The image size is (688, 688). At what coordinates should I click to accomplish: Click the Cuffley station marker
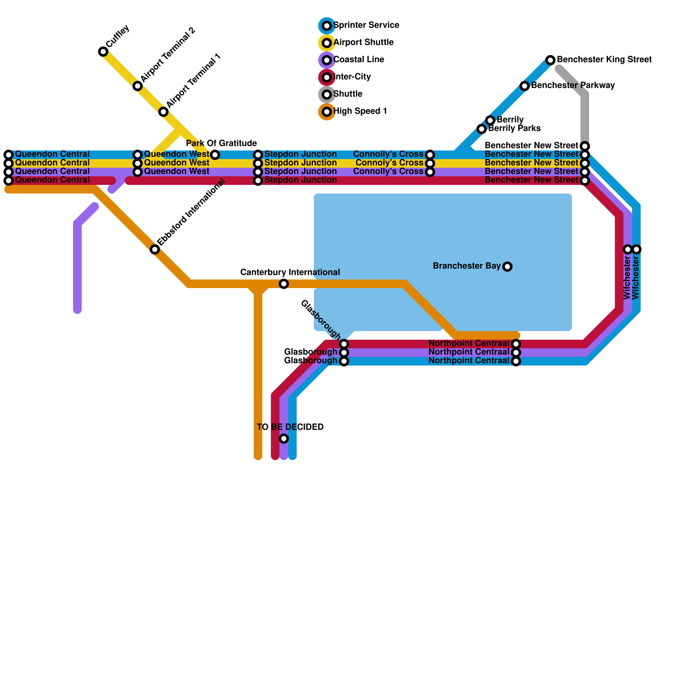coord(103,52)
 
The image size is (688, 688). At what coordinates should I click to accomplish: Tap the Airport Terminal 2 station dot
coord(138,86)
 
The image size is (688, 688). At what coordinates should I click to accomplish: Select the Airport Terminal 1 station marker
coord(163,112)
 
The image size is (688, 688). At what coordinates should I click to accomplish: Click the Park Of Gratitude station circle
coord(215,155)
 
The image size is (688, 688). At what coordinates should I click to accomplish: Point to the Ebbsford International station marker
coord(155,249)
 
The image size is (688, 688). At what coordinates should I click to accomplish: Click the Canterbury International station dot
coord(284,284)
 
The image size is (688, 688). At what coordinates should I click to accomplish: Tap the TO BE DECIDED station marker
coord(284,439)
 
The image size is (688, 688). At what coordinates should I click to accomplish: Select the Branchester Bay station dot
coord(507,267)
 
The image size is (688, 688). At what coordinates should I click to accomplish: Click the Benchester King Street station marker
coord(550,60)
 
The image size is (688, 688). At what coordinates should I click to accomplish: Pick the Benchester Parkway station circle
coord(525,86)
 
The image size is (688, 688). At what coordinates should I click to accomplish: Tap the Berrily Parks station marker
coord(482,129)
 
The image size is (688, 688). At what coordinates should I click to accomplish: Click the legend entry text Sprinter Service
coord(366,25)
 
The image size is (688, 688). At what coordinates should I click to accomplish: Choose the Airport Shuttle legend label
coord(363,43)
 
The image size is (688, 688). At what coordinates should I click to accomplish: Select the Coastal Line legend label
coord(359,60)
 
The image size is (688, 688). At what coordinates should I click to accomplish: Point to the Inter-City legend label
coord(352,77)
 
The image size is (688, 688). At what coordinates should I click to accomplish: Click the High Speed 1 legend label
coord(360,111)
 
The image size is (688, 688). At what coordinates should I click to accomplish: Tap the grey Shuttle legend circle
coord(327,95)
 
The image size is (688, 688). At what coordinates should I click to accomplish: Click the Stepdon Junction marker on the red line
coord(258,181)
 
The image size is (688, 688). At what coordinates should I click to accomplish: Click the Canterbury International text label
coord(290,273)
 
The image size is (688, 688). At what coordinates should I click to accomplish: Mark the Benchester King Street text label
coord(604,60)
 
